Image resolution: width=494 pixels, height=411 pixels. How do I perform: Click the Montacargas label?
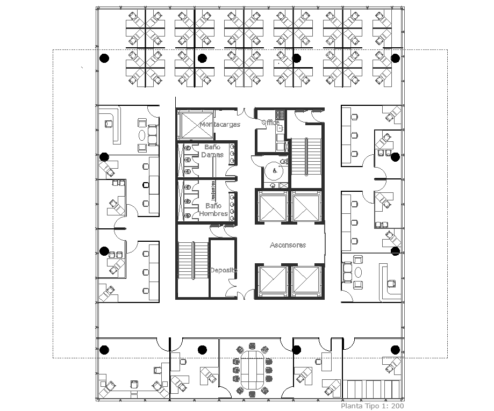coord(219,124)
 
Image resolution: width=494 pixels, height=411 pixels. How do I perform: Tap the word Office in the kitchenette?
coord(270,122)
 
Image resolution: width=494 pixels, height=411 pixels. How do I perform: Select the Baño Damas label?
coord(212,150)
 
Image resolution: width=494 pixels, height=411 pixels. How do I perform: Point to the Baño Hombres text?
coord(213,210)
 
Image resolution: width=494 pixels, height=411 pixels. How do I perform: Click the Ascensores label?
coord(288,245)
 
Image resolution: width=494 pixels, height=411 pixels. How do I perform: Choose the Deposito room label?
coord(223,270)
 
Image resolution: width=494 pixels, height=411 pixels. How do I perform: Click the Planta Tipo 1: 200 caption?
coord(372,406)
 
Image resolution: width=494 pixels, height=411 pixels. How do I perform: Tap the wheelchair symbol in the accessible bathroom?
coord(275,171)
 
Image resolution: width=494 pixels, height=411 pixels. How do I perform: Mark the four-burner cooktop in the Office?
coord(279,114)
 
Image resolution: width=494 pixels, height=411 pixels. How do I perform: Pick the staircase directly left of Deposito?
coord(192,261)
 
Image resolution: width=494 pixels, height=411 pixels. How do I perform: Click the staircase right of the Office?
coord(305,156)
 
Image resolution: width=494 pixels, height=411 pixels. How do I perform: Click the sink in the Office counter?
coord(280,129)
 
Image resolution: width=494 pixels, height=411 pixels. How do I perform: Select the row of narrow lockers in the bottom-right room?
coord(371,388)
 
